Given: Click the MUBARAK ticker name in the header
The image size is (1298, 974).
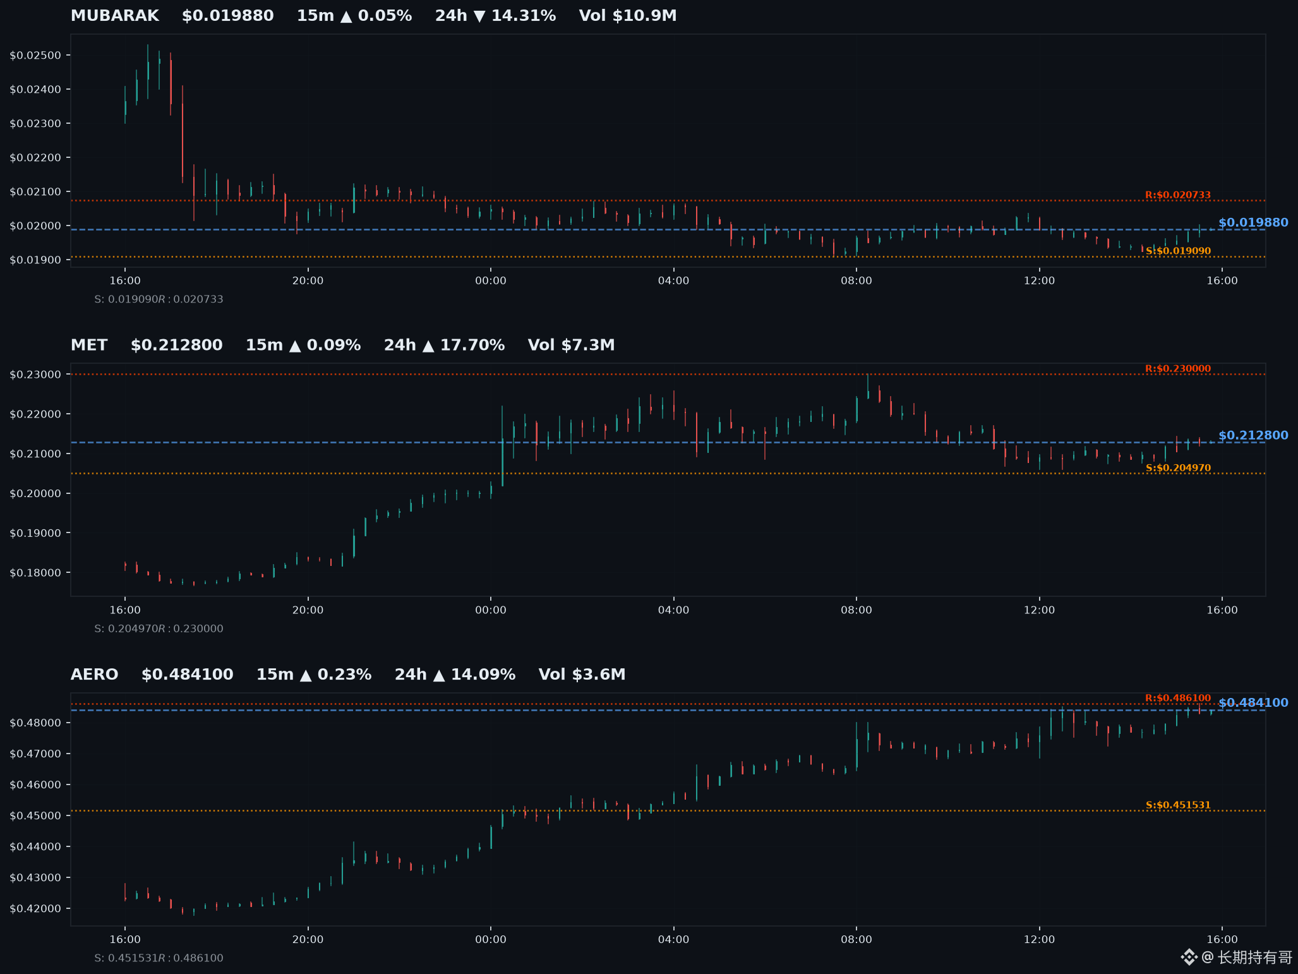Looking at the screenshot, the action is tap(114, 16).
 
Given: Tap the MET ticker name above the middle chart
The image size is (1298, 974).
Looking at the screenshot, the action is tap(89, 345).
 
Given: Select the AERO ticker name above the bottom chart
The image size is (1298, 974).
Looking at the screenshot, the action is tap(94, 675).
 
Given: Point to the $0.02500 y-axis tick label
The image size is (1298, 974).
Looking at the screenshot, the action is tap(35, 56).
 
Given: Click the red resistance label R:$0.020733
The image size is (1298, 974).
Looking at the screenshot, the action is tap(1178, 195).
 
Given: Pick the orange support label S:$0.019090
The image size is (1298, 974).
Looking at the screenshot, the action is tap(1178, 251).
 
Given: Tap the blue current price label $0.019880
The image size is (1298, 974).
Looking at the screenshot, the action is tap(1253, 222).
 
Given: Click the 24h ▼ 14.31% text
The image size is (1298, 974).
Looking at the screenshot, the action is tap(495, 16).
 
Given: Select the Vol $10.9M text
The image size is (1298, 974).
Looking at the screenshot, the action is tap(628, 16).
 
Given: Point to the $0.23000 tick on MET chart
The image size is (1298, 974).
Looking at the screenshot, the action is tap(35, 375).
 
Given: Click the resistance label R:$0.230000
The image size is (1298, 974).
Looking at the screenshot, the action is tap(1178, 369).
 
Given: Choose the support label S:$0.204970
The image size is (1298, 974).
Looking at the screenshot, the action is tap(1178, 468).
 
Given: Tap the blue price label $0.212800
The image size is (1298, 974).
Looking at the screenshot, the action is tap(1253, 435).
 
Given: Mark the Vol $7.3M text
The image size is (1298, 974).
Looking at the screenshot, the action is tap(571, 345).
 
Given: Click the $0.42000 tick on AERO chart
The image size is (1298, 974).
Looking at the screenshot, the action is tap(35, 909).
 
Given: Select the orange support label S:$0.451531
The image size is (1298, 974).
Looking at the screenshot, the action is tap(1178, 805).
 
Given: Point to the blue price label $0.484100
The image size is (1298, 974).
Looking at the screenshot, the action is tap(1253, 702).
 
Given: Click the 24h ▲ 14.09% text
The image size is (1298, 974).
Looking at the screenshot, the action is tap(455, 675).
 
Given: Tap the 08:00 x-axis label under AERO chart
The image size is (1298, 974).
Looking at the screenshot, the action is tap(856, 939).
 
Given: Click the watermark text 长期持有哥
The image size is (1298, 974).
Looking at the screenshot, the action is tap(1254, 958).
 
